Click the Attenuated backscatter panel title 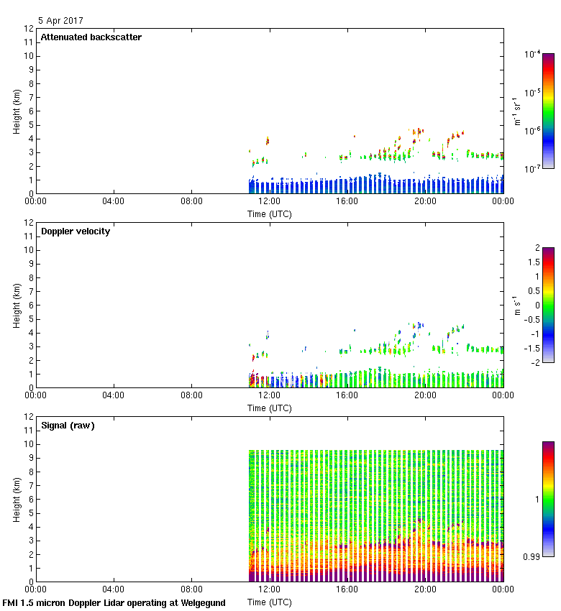(x=91, y=37)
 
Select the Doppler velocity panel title (x=76, y=231)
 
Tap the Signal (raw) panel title (x=68, y=426)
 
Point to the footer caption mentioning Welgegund (x=114, y=603)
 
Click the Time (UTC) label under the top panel (x=270, y=213)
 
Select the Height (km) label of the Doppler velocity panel (x=17, y=305)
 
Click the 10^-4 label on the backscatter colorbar (x=532, y=54)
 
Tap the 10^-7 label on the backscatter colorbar (x=532, y=168)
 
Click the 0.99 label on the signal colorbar (x=530, y=556)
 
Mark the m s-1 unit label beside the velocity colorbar (x=516, y=304)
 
